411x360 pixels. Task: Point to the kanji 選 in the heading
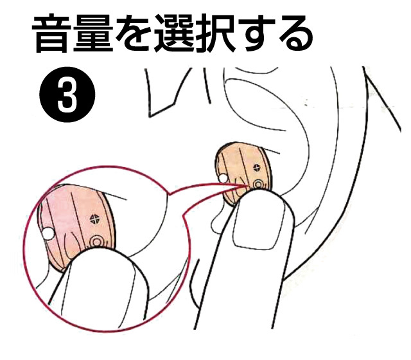(x=182, y=36)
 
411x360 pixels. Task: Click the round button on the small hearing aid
(x=258, y=185)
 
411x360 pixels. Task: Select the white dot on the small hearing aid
(x=221, y=177)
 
